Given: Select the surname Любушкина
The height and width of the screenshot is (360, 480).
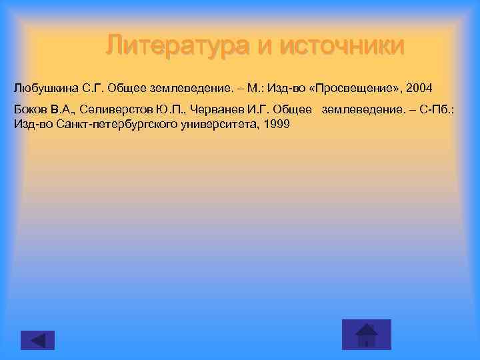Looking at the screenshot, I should [x=45, y=88].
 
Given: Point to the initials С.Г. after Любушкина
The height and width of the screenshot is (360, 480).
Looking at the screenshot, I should [x=95, y=88].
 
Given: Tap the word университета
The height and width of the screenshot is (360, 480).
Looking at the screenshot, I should [x=217, y=125].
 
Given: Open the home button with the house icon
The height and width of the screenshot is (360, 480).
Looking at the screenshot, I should [x=366, y=334].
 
